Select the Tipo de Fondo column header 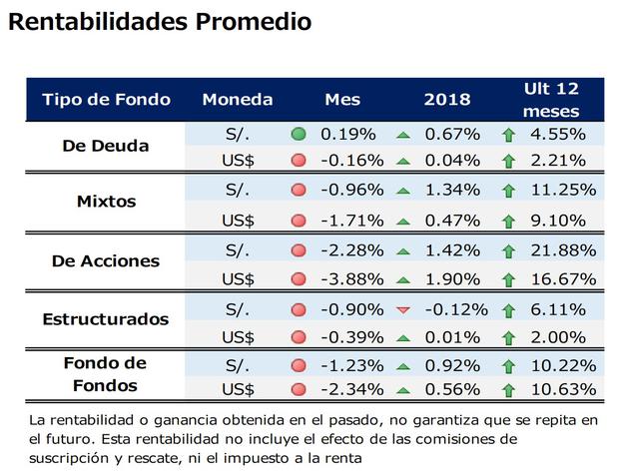tap(106, 100)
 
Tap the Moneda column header tap(237, 100)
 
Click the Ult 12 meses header tap(550, 100)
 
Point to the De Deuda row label tap(106, 146)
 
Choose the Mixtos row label tap(106, 202)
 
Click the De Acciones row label tap(106, 261)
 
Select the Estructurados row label tap(106, 320)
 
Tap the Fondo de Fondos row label tap(106, 375)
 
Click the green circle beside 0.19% tap(298, 133)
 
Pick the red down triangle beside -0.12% tap(403, 310)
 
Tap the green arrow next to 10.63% tap(507, 389)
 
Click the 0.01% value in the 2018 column tap(450, 338)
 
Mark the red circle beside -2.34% tap(298, 389)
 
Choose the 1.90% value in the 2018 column tap(450, 279)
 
